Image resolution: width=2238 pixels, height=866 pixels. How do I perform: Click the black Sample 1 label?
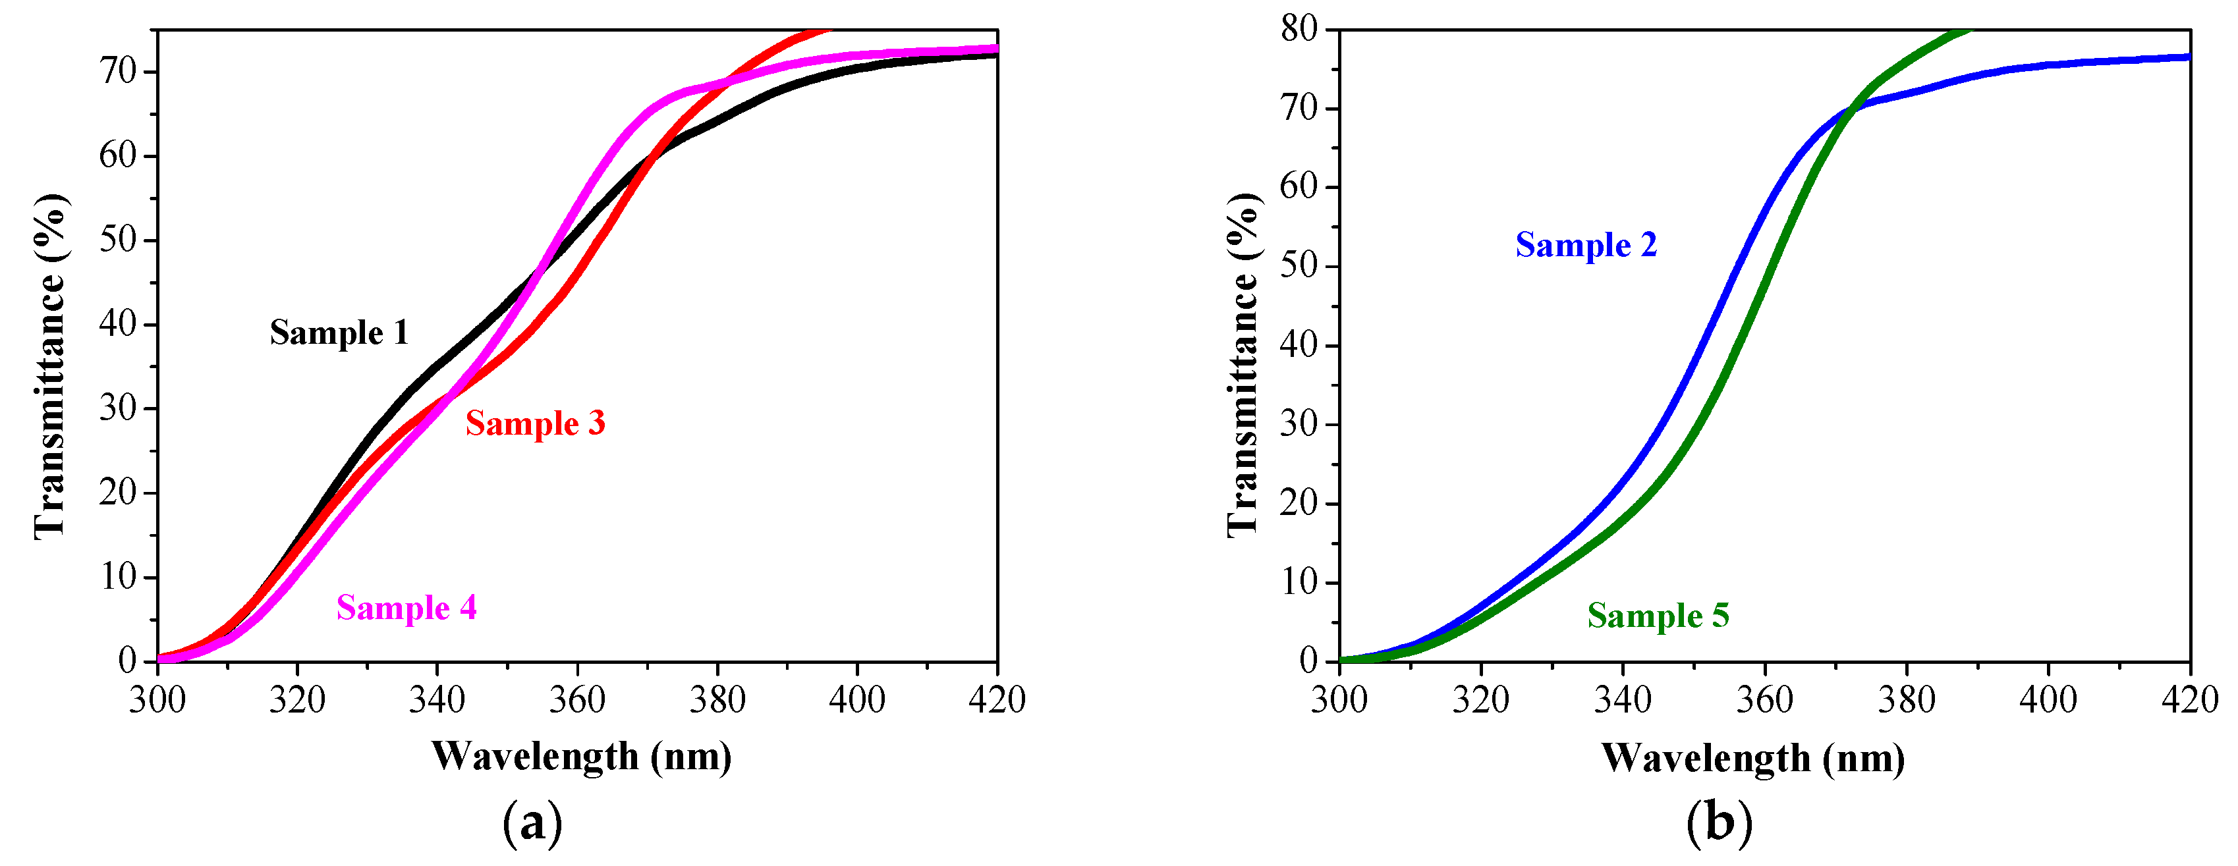[339, 333]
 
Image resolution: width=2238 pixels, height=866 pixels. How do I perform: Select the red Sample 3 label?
[535, 424]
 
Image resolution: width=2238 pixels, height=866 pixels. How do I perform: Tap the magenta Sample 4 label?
[406, 608]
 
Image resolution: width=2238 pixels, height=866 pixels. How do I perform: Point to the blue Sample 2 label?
[1586, 245]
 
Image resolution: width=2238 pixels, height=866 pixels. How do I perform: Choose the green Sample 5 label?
[1658, 616]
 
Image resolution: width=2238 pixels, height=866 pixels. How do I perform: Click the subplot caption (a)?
[532, 822]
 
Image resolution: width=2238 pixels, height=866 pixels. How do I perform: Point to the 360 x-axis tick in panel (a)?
[577, 700]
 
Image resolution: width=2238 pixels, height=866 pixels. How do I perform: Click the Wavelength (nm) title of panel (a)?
[581, 757]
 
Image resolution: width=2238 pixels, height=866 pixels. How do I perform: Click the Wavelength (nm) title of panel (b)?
[1753, 758]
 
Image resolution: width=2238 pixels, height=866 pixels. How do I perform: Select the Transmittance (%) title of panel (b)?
[1243, 365]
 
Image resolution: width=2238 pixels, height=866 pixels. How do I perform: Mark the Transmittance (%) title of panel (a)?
[50, 365]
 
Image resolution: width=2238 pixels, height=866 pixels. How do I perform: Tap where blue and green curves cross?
[1852, 109]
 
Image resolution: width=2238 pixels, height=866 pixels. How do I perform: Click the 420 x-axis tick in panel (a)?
[997, 700]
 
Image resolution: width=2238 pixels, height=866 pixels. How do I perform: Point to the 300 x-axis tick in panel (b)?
[1339, 700]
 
